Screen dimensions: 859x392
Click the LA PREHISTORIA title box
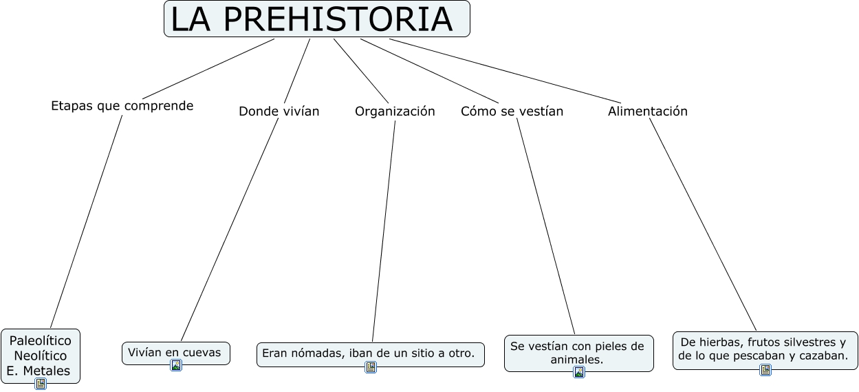(316, 19)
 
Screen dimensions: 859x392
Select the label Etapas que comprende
(122, 106)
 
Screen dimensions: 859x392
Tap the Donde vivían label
(279, 111)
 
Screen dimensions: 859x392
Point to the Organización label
(395, 111)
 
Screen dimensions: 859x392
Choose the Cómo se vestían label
(512, 111)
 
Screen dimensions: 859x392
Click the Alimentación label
(647, 111)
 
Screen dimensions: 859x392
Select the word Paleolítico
(41, 341)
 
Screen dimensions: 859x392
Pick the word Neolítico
(41, 356)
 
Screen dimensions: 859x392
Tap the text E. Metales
(39, 371)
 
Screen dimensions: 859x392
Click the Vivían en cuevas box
(175, 353)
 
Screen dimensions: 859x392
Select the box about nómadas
(370, 354)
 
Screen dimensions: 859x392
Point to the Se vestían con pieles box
(578, 353)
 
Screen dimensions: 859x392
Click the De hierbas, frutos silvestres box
(765, 349)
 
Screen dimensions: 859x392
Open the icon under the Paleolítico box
(41, 384)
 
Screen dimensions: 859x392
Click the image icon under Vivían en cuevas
(176, 365)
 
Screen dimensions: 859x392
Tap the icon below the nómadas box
(371, 367)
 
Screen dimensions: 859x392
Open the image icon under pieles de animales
(579, 373)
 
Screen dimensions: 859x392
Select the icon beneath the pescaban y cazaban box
(765, 370)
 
